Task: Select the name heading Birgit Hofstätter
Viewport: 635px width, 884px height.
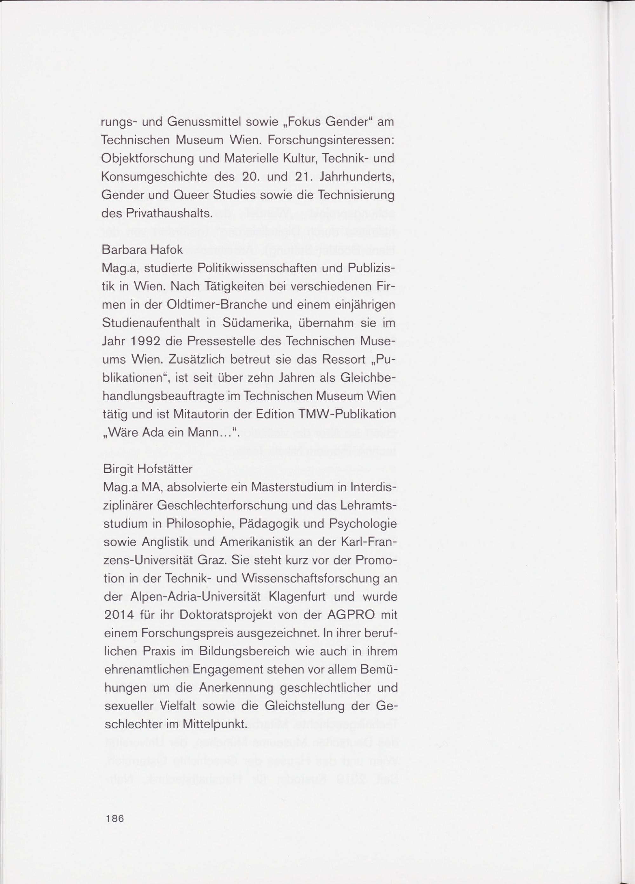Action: pos(148,469)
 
